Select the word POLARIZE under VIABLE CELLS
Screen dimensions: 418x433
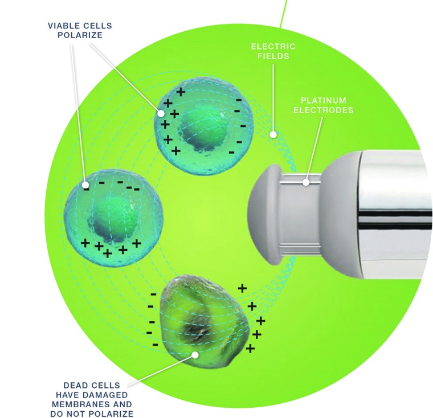click(71, 36)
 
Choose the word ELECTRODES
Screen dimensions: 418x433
click(322, 110)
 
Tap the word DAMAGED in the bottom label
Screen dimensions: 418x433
click(108, 395)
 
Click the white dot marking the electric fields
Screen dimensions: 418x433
click(273, 135)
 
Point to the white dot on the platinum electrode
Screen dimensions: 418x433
click(306, 183)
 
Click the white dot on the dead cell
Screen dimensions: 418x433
click(195, 354)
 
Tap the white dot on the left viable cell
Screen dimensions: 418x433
click(84, 185)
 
